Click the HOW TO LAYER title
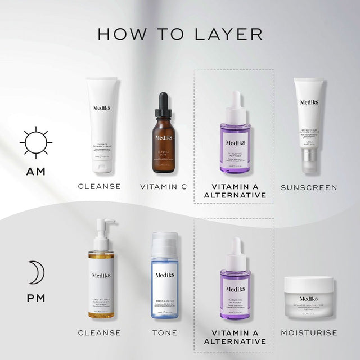point(180,33)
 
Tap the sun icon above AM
point(35,143)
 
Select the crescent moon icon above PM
point(38,272)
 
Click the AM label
point(35,172)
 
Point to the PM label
point(35,298)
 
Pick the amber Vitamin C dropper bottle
point(165,135)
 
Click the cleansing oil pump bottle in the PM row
point(102,276)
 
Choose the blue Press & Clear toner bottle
point(165,276)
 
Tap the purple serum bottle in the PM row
point(235,281)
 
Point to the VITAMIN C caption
point(164,187)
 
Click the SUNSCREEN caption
point(309,187)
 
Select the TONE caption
point(164,332)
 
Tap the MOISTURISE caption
point(309,332)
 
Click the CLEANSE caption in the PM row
point(100,332)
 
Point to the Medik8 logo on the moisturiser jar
point(309,299)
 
